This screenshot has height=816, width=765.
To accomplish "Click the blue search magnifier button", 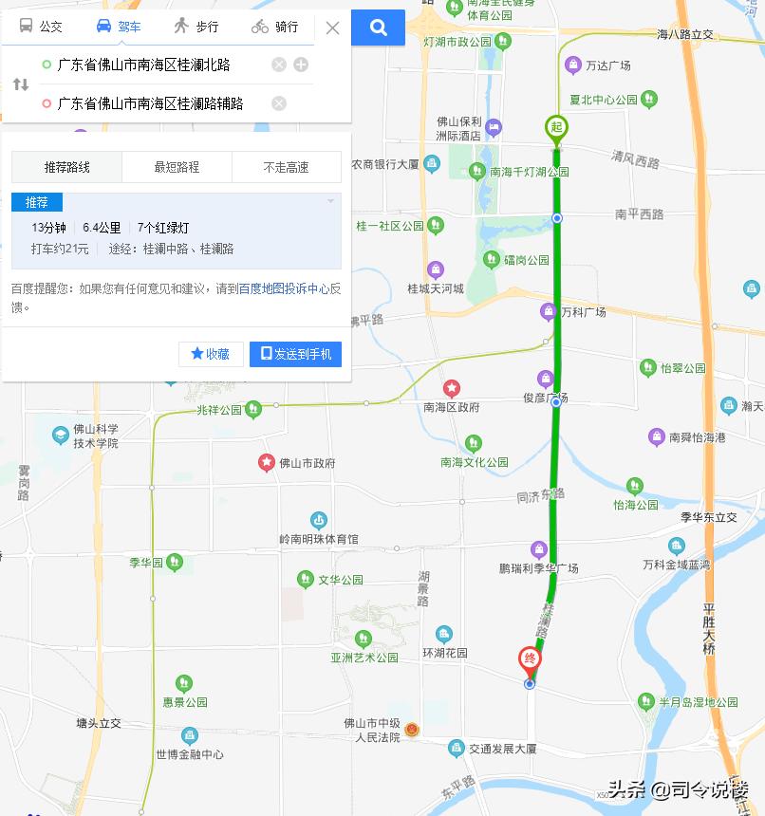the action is tap(378, 28).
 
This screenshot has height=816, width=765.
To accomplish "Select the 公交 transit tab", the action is tap(41, 27).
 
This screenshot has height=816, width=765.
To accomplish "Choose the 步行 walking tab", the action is tap(196, 27).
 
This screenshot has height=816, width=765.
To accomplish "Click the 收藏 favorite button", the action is tap(211, 354).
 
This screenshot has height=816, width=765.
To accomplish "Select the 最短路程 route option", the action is tap(177, 167).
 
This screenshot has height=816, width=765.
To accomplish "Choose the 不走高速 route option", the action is tap(286, 167).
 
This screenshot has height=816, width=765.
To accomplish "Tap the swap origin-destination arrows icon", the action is tap(20, 84).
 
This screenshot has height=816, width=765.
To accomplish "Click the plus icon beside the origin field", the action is tap(301, 65).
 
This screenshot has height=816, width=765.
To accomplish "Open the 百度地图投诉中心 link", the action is tap(284, 288).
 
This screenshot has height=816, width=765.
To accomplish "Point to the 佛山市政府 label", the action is tap(307, 463).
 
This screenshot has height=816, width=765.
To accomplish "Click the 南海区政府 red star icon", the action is tap(452, 388).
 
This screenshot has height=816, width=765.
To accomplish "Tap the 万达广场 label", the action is tap(607, 65).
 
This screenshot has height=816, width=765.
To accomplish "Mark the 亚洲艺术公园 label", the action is tap(364, 658).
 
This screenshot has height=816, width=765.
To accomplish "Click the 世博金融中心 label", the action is tap(190, 754).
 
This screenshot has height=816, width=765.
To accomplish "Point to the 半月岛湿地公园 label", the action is tap(699, 702).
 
